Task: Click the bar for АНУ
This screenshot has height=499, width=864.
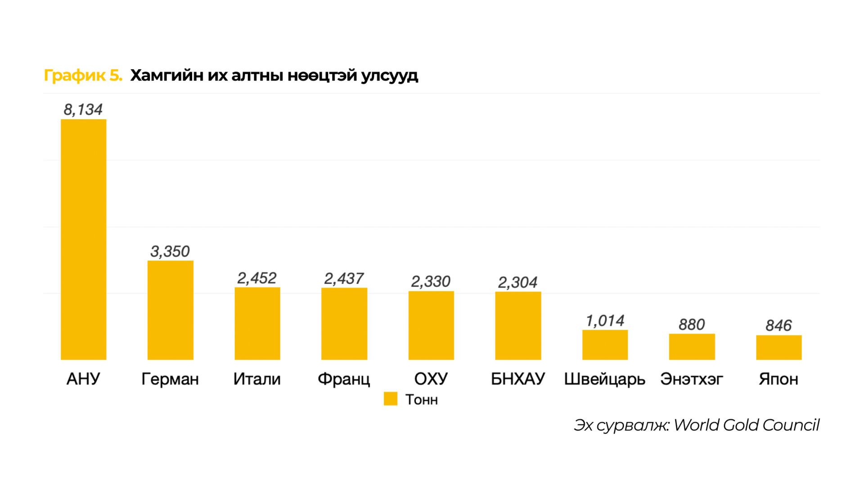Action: [83, 239]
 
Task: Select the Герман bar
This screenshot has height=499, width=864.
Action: [170, 310]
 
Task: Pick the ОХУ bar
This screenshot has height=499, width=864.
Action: [431, 325]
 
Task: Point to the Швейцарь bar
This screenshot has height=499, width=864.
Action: [604, 345]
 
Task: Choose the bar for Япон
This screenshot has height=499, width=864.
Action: [778, 347]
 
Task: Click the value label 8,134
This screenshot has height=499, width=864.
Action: [83, 109]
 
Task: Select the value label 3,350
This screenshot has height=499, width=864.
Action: [170, 251]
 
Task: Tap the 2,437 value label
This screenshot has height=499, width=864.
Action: [344, 279]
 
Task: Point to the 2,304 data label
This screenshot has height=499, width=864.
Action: [517, 282]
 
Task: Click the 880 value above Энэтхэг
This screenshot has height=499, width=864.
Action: [692, 324]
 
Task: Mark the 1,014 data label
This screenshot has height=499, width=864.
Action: [605, 321]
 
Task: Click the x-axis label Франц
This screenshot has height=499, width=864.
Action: [344, 379]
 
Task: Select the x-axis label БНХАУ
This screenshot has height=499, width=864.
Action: [517, 379]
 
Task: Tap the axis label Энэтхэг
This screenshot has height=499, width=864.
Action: [692, 379]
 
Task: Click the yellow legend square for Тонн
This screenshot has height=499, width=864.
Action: [390, 399]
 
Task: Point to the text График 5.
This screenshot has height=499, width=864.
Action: [83, 75]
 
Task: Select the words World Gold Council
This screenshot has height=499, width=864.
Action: [746, 425]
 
